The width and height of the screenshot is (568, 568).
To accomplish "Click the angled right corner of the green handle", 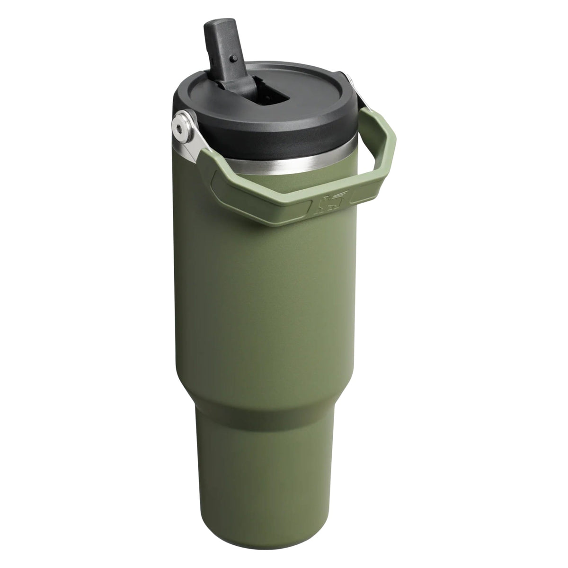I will [x=388, y=156].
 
